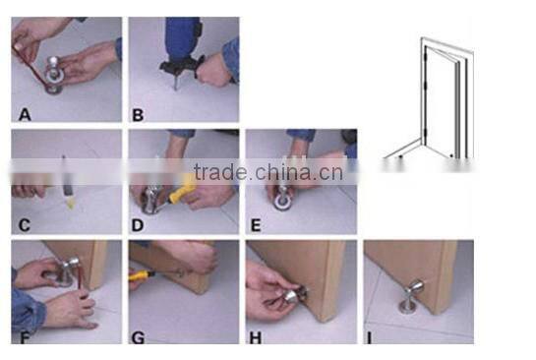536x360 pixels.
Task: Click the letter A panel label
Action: point(25,115)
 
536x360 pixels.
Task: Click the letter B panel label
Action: point(138,115)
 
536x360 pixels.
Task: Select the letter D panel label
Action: point(138,223)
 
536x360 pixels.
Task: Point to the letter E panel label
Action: point(255,223)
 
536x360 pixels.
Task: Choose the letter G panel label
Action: point(138,335)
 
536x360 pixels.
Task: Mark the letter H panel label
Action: point(255,335)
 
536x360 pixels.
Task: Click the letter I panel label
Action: point(370,335)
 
